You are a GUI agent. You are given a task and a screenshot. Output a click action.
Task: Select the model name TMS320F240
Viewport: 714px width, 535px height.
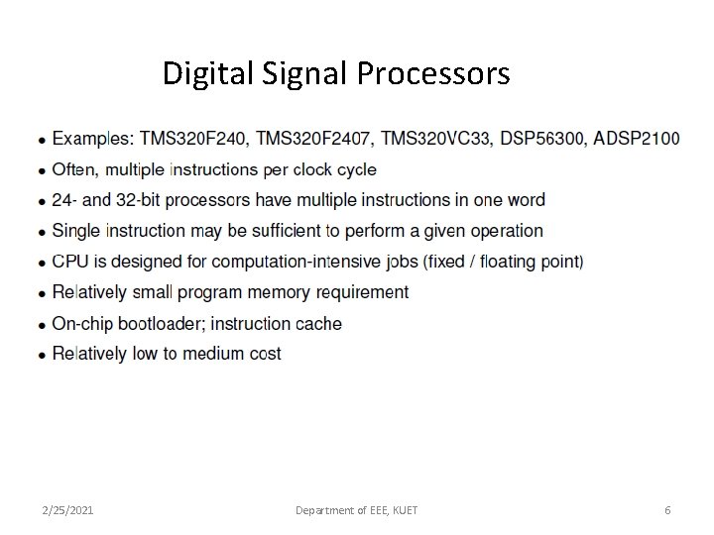click(193, 138)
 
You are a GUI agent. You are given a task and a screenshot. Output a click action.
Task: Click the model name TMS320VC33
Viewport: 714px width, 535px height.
click(435, 138)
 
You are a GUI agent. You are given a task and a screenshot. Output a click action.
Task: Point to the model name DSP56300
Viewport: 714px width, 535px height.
click(541, 138)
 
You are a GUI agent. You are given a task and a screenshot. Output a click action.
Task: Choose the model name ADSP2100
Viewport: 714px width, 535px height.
click(636, 138)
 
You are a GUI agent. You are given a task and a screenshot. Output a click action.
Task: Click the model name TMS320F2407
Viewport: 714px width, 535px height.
click(314, 138)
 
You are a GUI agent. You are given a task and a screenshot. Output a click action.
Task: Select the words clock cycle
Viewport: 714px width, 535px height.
click(335, 169)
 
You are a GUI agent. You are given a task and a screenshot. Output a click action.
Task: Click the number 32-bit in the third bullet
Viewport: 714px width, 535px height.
click(135, 200)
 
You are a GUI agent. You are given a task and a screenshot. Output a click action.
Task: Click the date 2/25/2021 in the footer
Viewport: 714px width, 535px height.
click(68, 510)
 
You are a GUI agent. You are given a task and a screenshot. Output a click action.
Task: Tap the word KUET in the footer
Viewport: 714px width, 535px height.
click(404, 510)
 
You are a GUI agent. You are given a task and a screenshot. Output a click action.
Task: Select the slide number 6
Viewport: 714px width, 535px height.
click(667, 510)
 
